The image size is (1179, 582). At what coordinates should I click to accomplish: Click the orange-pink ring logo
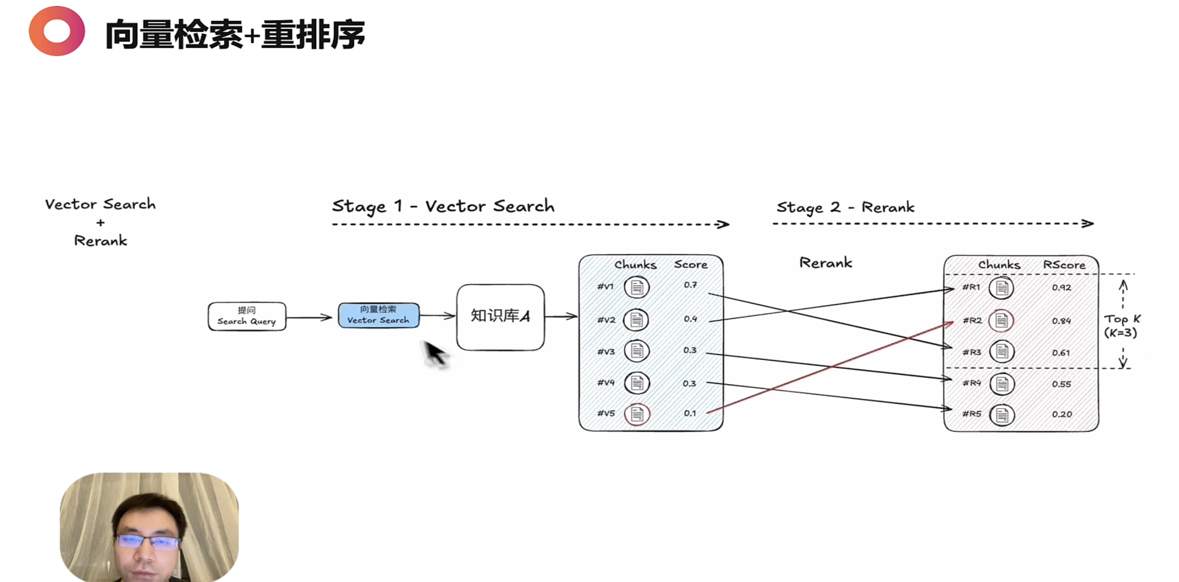pyautogui.click(x=57, y=31)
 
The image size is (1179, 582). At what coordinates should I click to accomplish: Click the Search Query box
pyautogui.click(x=247, y=316)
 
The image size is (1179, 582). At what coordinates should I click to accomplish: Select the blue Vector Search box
pyautogui.click(x=378, y=315)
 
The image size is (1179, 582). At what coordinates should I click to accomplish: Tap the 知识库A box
pyautogui.click(x=500, y=316)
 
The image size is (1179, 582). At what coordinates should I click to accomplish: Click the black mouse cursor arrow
pyautogui.click(x=434, y=353)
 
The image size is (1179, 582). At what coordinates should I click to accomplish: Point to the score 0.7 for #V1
pyautogui.click(x=690, y=285)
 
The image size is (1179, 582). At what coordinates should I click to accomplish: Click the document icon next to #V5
pyautogui.click(x=637, y=414)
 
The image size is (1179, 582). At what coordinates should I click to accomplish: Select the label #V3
pyautogui.click(x=606, y=351)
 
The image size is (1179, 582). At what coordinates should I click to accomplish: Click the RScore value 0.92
pyautogui.click(x=1061, y=288)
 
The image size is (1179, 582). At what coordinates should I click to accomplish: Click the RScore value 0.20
pyautogui.click(x=1062, y=414)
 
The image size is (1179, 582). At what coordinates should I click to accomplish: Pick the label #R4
pyautogui.click(x=971, y=383)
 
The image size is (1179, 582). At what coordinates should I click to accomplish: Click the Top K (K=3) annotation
pyautogui.click(x=1121, y=326)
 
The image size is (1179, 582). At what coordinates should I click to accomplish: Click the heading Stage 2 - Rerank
pyautogui.click(x=845, y=207)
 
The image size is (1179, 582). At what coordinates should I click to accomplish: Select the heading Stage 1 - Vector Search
pyautogui.click(x=443, y=207)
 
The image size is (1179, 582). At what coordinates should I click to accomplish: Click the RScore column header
pyautogui.click(x=1064, y=265)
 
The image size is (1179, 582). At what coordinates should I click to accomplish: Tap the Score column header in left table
pyautogui.click(x=690, y=264)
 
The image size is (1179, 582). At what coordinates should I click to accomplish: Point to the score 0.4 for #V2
pyautogui.click(x=690, y=319)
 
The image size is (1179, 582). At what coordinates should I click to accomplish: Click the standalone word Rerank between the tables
pyautogui.click(x=826, y=263)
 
